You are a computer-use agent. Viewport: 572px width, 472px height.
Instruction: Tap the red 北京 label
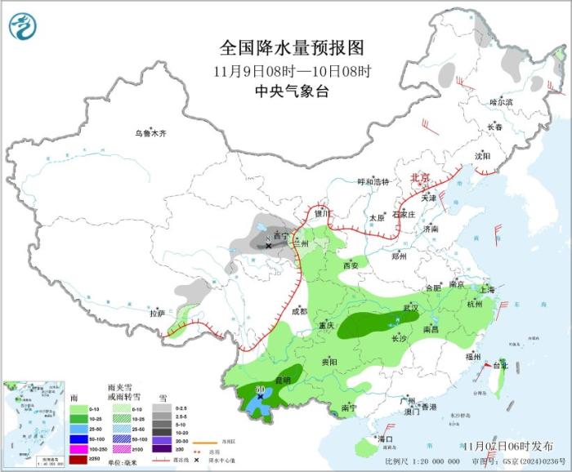[x=418, y=178]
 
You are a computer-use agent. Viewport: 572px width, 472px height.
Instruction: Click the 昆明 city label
[x=282, y=380]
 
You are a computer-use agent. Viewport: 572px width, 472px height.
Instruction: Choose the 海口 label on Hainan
[x=386, y=439]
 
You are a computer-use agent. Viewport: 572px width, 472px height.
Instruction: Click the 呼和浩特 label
[x=374, y=181]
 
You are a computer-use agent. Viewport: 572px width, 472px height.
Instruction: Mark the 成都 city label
[x=299, y=310]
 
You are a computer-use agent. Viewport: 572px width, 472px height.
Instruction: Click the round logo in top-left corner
[x=24, y=27]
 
